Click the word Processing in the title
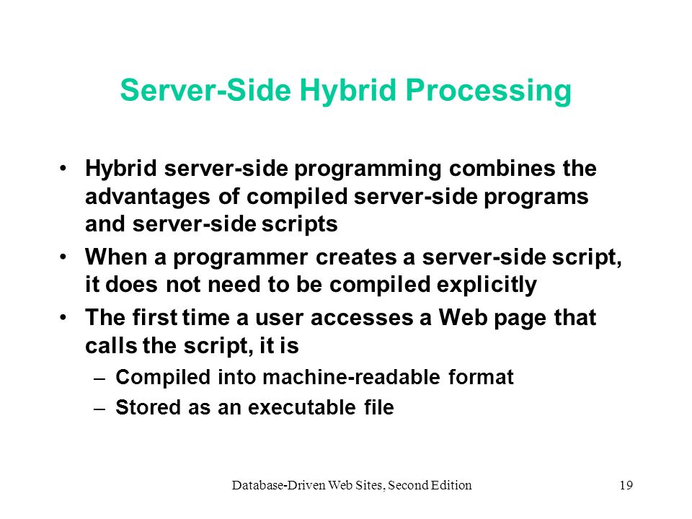(x=488, y=91)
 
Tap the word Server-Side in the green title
(x=205, y=90)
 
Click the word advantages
(x=148, y=198)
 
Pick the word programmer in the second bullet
(x=241, y=258)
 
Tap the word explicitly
(x=487, y=285)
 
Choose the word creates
(x=355, y=258)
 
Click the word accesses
(x=362, y=319)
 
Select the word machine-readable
(x=351, y=377)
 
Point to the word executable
(x=302, y=407)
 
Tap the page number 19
(x=626, y=485)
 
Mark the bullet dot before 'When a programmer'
(x=63, y=256)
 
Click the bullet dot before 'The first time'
(x=63, y=317)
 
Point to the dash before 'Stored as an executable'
(x=99, y=409)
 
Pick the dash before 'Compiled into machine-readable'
(x=99, y=379)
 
